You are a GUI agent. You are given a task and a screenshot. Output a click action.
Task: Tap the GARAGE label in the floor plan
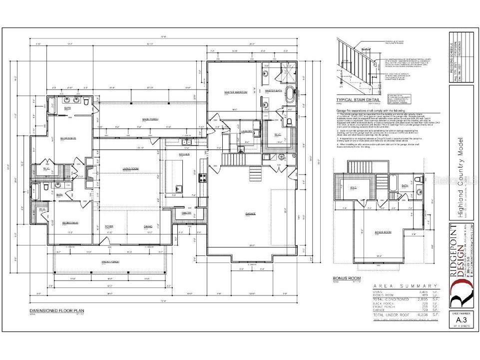point(250,214)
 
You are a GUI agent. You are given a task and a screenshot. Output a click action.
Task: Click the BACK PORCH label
point(149,119)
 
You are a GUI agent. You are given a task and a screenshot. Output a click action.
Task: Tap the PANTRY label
point(186,213)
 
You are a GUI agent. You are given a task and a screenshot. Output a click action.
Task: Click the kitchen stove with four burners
point(202,177)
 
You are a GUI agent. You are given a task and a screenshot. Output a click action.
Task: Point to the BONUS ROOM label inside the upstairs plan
point(383,232)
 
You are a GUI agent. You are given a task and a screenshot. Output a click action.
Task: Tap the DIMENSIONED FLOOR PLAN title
point(54,310)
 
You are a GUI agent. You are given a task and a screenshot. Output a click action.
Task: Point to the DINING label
point(148,226)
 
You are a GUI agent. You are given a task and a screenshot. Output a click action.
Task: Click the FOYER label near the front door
point(109,226)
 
